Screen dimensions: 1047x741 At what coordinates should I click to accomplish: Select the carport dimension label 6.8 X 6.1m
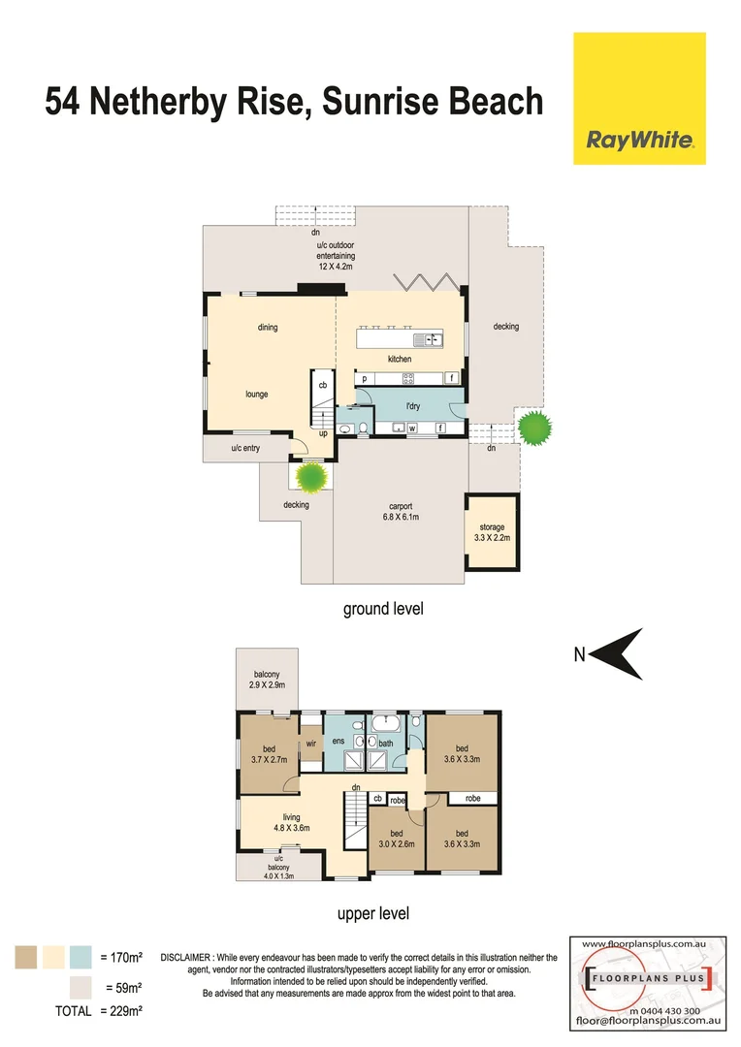[x=402, y=517]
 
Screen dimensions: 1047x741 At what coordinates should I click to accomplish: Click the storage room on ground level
[x=493, y=532]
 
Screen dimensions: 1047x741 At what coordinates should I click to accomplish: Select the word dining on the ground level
[x=268, y=328]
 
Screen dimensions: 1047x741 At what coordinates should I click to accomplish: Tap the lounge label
[x=257, y=395]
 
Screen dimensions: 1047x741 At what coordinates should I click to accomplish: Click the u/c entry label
[x=245, y=448]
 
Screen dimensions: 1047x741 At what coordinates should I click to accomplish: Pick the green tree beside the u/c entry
[x=311, y=476]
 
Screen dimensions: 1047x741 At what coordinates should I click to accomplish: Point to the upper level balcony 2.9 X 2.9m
[x=268, y=680]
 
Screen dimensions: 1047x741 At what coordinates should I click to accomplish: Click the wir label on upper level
[x=311, y=744]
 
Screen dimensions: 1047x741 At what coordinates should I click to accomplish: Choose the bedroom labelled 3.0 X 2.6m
[x=396, y=840]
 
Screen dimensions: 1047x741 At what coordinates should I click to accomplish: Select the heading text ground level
[x=383, y=610]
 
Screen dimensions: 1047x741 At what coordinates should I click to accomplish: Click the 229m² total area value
[x=122, y=1011]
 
